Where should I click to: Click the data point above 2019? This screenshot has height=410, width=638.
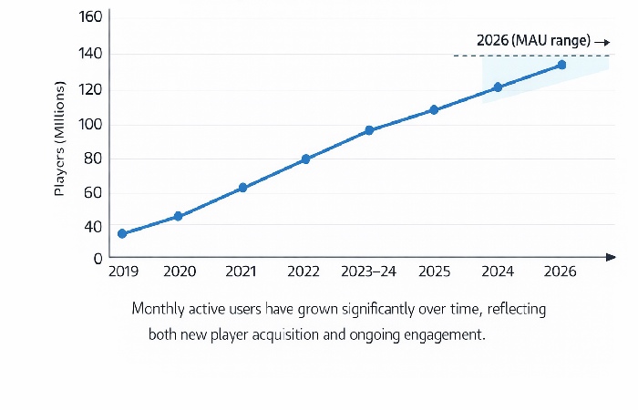tap(122, 234)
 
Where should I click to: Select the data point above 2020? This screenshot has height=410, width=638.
tap(179, 217)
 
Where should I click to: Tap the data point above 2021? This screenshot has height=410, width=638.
tap(242, 188)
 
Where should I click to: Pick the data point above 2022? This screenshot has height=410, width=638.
tap(306, 159)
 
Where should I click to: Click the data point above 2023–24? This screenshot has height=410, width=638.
tap(369, 130)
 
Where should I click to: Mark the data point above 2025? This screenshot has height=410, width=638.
tap(434, 110)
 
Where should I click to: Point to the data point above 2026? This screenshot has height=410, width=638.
tap(561, 65)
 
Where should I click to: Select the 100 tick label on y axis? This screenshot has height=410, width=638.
tap(90, 124)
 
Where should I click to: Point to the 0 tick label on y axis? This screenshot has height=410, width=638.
tap(98, 258)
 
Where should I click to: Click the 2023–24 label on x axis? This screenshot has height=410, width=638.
tap(369, 272)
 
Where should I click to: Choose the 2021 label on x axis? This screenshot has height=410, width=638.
tap(242, 272)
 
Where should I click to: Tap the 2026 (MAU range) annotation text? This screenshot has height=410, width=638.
tap(533, 41)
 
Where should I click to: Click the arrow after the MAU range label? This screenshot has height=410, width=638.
tap(602, 42)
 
